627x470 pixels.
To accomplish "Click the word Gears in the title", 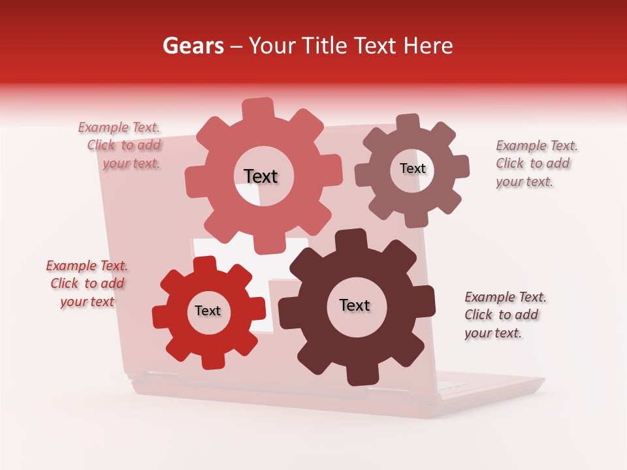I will click(x=193, y=46).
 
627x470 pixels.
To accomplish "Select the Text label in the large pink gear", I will click(x=261, y=176).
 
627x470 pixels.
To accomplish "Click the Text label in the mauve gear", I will click(x=412, y=168).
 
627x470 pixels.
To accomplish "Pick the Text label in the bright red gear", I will click(x=208, y=311).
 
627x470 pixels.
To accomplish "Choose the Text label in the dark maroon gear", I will click(x=355, y=305).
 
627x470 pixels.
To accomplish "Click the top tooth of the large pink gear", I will click(x=258, y=108).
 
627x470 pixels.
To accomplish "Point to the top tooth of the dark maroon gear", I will click(x=351, y=239).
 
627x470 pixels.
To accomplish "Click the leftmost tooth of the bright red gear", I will click(x=161, y=317).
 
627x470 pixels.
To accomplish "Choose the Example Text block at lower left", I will click(x=87, y=283).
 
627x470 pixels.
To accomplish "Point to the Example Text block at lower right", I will click(x=504, y=315).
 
